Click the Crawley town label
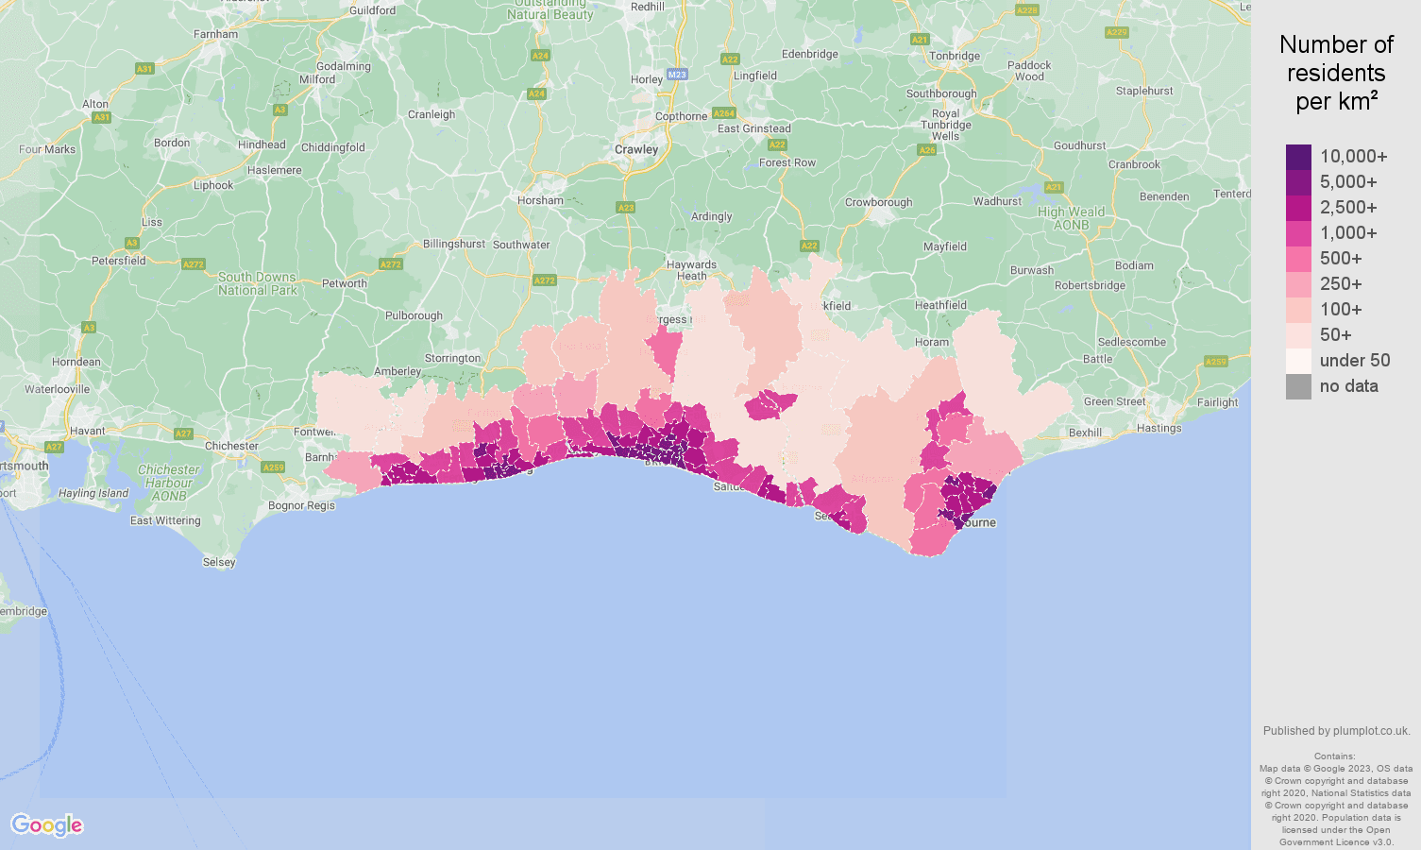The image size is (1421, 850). [636, 149]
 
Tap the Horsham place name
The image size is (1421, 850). [540, 200]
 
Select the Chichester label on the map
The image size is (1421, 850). [231, 446]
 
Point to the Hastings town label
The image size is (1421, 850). [1159, 428]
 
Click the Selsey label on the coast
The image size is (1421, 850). [219, 562]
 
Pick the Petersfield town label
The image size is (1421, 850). [119, 261]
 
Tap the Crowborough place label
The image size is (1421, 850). [878, 202]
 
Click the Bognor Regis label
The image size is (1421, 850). [301, 505]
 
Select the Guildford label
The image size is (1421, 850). [373, 10]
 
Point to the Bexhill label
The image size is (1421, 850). [1085, 433]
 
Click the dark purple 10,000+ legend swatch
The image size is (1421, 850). [1298, 157]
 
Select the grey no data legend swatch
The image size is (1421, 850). [1298, 386]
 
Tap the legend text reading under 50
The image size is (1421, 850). [1354, 361]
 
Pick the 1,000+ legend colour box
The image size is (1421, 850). [1298, 233]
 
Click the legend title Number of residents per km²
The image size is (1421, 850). [1336, 73]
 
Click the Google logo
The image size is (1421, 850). [47, 824]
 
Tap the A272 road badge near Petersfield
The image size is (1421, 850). [194, 264]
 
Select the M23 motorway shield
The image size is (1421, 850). [676, 74]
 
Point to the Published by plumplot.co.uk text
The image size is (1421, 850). [1336, 731]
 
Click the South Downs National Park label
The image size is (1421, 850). [257, 284]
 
